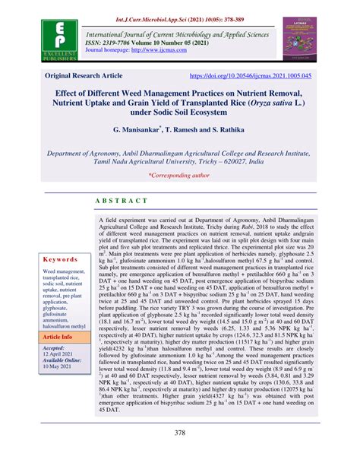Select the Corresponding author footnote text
(x=180, y=175)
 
